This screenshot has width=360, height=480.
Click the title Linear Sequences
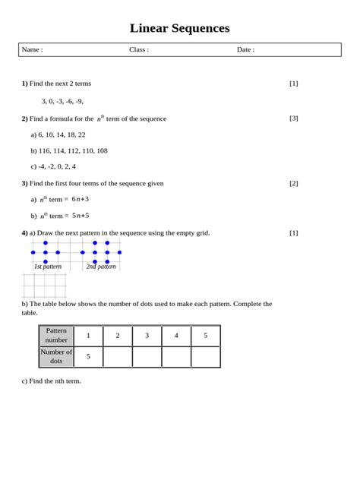(179, 29)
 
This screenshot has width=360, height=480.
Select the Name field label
(32, 49)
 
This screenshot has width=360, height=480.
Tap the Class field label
(139, 49)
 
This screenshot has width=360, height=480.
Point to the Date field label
(245, 49)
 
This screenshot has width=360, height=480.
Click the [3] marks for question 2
(294, 118)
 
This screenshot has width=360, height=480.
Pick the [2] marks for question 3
(294, 183)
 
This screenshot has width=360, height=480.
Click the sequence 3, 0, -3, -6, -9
(62, 101)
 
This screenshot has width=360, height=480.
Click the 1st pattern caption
(47, 267)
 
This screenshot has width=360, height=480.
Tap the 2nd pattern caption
(101, 267)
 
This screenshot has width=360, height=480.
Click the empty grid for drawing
(45, 286)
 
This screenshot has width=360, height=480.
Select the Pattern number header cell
(56, 336)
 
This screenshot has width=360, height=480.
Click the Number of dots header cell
(56, 356)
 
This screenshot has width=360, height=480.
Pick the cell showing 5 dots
(88, 356)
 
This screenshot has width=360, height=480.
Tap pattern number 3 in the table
(147, 336)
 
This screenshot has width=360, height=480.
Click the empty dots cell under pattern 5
(205, 356)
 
